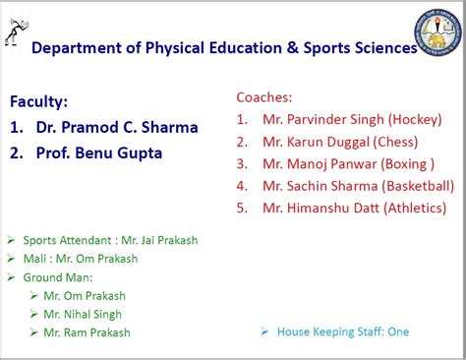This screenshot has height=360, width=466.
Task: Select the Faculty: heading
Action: [x=39, y=101]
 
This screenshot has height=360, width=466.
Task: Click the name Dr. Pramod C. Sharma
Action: [x=116, y=127]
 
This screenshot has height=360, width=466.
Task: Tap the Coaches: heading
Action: [x=266, y=97]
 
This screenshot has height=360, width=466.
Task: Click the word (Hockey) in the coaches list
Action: [x=414, y=119]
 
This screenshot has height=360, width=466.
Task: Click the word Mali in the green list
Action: [x=35, y=259]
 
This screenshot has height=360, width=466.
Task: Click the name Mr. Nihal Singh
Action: [x=84, y=314]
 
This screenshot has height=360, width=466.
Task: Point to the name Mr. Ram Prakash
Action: [x=87, y=332]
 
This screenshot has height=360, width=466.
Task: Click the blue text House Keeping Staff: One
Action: [x=342, y=331]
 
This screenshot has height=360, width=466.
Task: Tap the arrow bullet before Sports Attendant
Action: [x=11, y=239]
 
